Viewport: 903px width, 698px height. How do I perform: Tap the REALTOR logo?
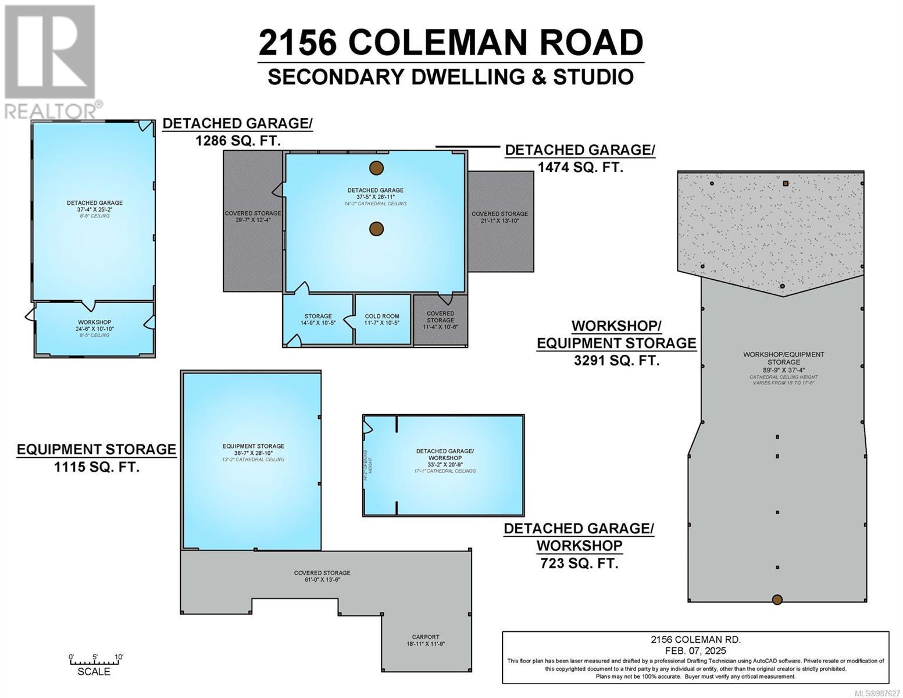[51, 61]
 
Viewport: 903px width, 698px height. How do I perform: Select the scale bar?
[94, 661]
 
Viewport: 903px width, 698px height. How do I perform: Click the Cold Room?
[382, 319]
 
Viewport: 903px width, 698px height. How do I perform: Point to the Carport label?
[426, 637]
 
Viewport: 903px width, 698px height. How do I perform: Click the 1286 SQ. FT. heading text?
[238, 140]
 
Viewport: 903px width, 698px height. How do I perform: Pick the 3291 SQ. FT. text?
[616, 361]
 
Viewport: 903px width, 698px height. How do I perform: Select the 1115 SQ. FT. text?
[97, 466]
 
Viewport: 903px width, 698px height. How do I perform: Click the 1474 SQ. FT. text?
[580, 167]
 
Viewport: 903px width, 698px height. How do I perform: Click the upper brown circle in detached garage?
[377, 168]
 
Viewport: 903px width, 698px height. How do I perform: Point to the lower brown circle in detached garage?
[377, 229]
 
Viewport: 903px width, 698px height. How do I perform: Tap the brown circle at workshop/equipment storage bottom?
[777, 600]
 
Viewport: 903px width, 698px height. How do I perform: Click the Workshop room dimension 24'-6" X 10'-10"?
[94, 329]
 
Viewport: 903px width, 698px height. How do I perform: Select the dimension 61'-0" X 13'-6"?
[322, 579]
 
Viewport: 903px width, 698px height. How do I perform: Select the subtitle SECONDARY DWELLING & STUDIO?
[451, 77]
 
